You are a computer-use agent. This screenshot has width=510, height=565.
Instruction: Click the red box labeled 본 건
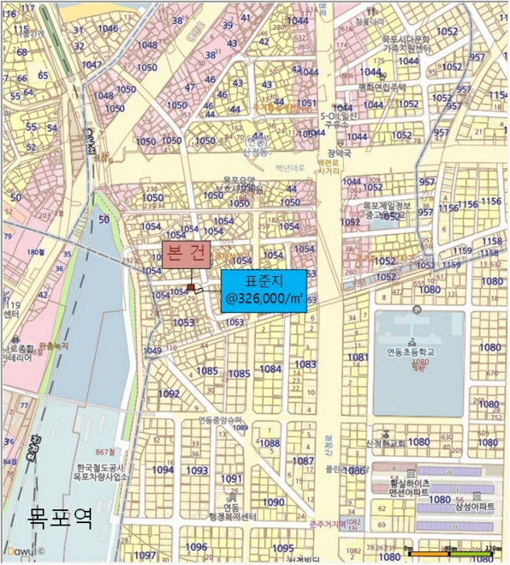pos(187,254)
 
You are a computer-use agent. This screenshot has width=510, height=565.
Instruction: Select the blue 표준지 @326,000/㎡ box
pos(264,291)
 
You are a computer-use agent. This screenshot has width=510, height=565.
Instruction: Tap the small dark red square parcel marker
pos(190,287)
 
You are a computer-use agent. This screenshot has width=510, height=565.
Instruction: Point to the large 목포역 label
pos(61,517)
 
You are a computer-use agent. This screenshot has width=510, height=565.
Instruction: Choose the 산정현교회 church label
pos(386,442)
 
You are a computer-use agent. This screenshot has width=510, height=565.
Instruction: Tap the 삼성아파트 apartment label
pos(474,506)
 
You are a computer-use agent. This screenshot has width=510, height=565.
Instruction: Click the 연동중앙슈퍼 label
pos(220,420)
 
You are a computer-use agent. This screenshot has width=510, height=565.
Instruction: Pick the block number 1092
pos(169,394)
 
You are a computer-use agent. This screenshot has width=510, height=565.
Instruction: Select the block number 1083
pos(305,365)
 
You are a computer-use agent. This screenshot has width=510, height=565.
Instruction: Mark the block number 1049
pos(152,350)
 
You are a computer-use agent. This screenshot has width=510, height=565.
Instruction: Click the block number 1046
pos(107,29)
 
